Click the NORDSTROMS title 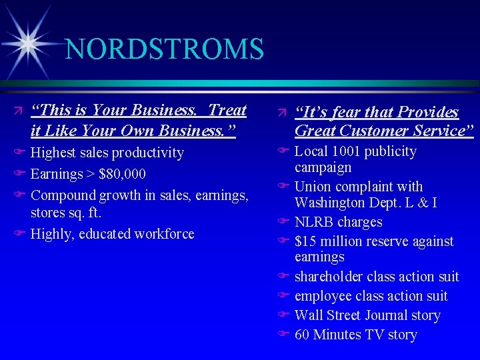(x=165, y=49)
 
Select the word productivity (x=147, y=153)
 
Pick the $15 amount (x=305, y=241)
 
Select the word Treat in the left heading (x=227, y=110)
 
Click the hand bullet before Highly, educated (x=20, y=234)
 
